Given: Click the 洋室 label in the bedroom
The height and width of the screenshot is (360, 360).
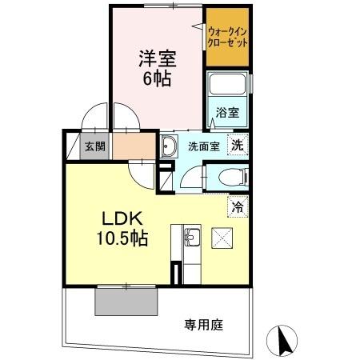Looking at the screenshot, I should click(x=158, y=58).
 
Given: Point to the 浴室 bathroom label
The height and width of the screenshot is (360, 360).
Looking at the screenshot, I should click(x=226, y=114).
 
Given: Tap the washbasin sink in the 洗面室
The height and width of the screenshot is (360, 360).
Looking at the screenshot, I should click(x=170, y=146).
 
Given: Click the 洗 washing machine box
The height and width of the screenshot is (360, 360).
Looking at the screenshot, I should click(x=236, y=146).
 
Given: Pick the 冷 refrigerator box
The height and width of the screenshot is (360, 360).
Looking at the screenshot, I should click(x=238, y=206).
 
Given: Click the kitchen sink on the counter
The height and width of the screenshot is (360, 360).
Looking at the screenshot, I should click(x=192, y=238).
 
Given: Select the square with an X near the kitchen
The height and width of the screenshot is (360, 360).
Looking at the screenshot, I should click(x=222, y=238).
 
